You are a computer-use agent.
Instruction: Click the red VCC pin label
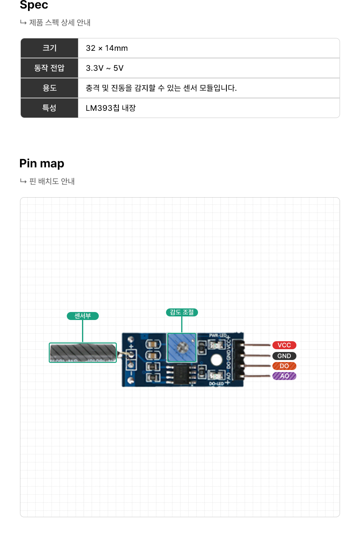[x=284, y=345]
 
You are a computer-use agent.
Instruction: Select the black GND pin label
[x=284, y=356]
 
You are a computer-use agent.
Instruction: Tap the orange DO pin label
[x=284, y=366]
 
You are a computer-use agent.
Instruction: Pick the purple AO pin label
[x=284, y=376]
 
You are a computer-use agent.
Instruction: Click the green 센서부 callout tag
[x=83, y=316]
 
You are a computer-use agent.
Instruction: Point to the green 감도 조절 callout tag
[x=182, y=312]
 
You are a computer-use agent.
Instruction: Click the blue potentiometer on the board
[x=182, y=347]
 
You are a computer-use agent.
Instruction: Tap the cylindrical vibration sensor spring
[x=83, y=352]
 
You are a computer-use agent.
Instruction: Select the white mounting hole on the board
[x=216, y=360]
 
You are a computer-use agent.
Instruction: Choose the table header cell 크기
[x=50, y=48]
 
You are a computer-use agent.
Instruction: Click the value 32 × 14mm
[x=107, y=48]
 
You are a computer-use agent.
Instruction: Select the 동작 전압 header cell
[x=50, y=68]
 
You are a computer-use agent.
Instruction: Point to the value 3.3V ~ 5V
[x=105, y=68]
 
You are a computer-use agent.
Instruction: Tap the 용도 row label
[x=50, y=88]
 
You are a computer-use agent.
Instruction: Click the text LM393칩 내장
[x=111, y=108]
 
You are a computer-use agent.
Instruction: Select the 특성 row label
[x=50, y=108]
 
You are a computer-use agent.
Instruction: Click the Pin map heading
[x=42, y=164]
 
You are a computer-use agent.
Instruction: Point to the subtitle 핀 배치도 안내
[x=52, y=181]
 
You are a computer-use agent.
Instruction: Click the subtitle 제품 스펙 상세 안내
[x=60, y=23]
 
